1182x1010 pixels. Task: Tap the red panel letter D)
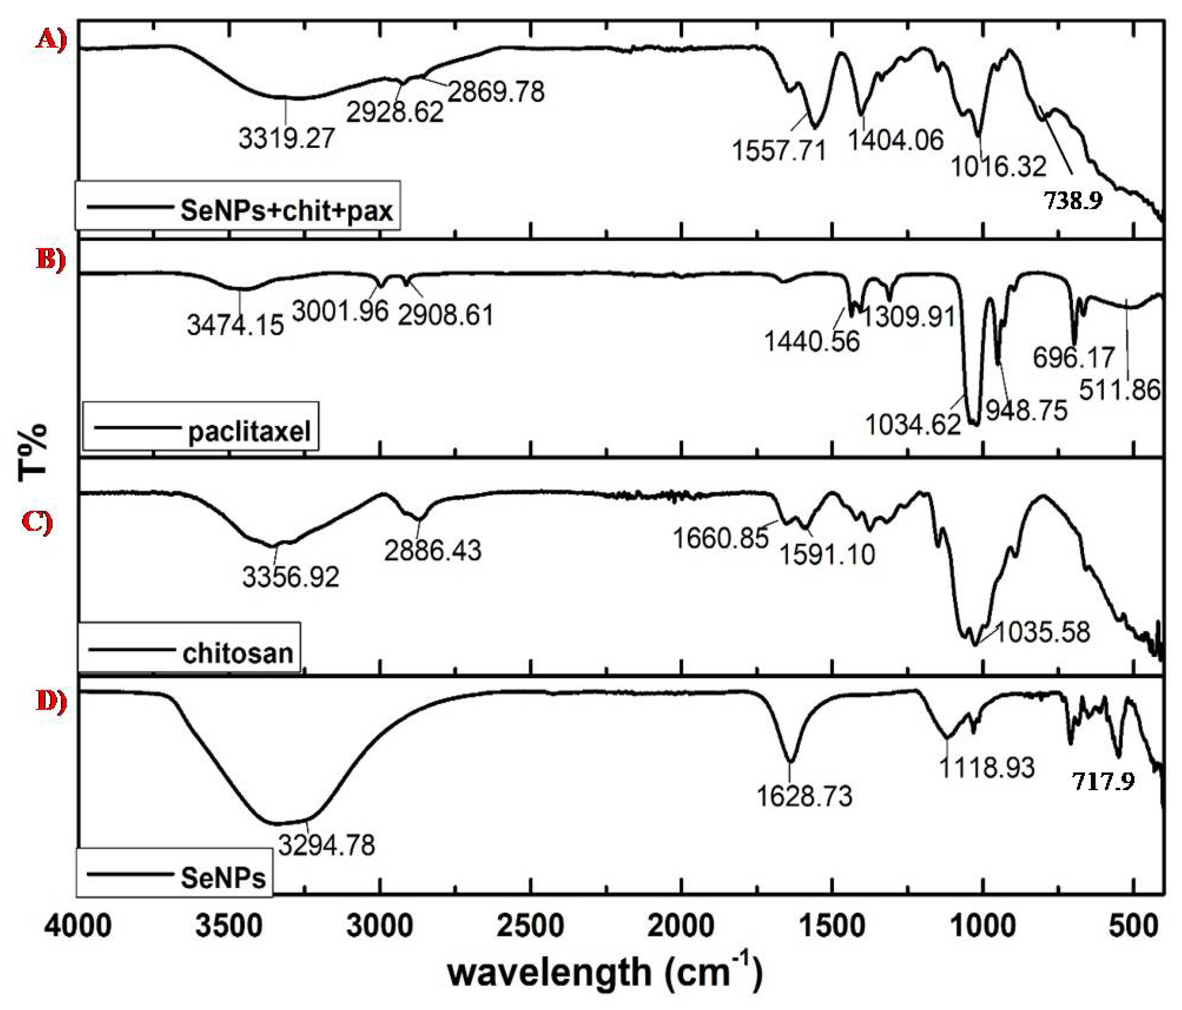52,701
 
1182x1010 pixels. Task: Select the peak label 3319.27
286,138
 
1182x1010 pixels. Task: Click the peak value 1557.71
779,151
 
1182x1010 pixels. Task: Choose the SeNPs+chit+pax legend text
286,211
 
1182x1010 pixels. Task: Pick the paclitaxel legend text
249,432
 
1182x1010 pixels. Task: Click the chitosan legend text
238,652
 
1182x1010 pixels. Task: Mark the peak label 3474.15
235,326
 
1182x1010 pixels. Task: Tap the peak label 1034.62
913,425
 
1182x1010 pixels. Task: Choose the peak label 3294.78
326,845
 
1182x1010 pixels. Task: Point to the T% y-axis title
32,451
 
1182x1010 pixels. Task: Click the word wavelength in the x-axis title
549,973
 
